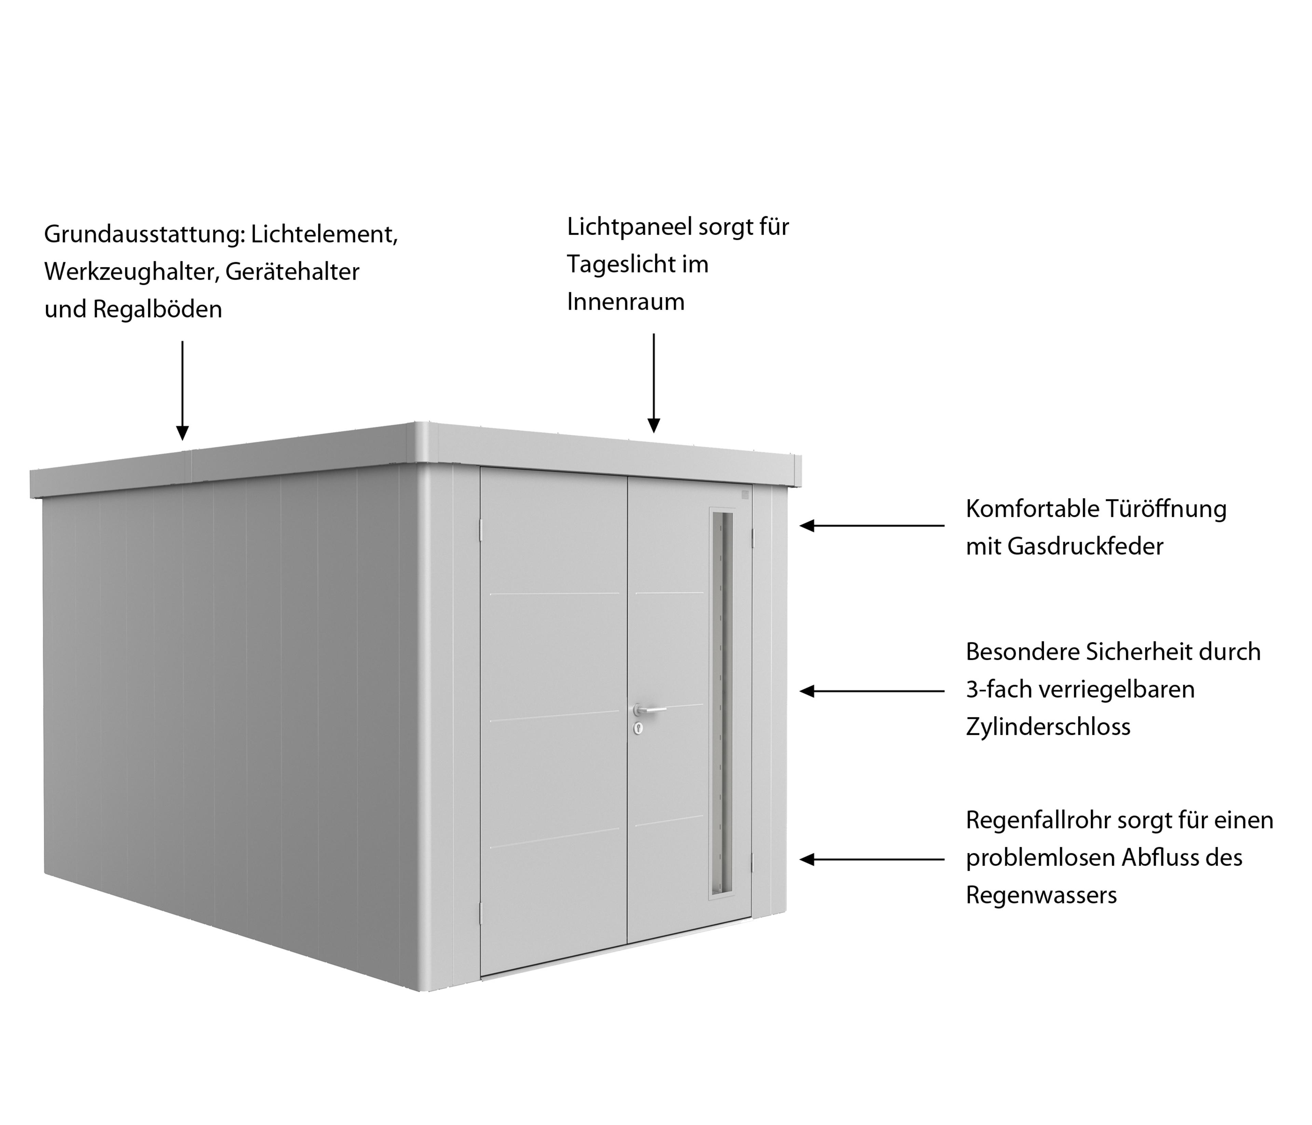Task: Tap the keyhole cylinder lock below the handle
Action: click(638, 728)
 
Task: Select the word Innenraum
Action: click(626, 302)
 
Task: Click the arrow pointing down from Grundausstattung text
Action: click(182, 390)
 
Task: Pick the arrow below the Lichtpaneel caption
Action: click(654, 383)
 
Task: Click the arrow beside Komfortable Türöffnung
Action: click(872, 525)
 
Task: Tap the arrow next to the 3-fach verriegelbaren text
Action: click(872, 691)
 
